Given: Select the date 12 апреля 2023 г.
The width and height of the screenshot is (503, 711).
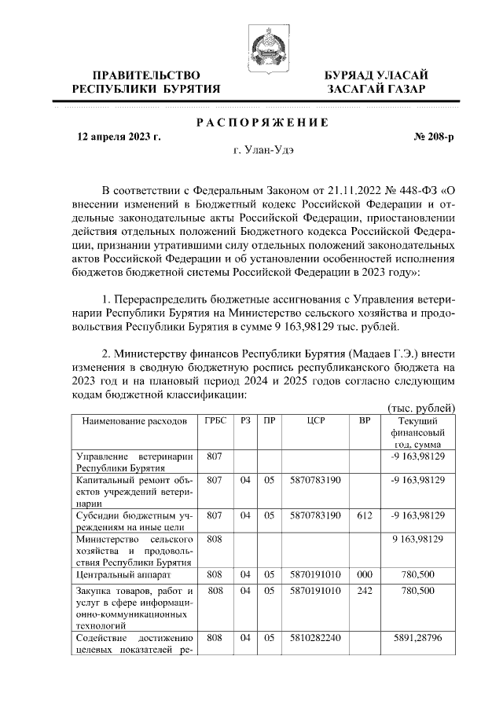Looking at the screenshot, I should [x=119, y=136].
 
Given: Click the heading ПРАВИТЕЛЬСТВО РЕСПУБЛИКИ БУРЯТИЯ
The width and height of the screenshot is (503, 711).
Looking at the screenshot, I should [x=146, y=82].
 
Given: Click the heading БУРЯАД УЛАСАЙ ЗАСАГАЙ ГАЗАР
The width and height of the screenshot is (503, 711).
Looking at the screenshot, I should [x=377, y=82].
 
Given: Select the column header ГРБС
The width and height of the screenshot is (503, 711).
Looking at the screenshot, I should [x=215, y=421].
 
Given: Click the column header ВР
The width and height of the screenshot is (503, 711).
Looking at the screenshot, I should [x=365, y=421].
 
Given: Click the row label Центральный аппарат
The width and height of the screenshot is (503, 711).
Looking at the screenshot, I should [x=117, y=575].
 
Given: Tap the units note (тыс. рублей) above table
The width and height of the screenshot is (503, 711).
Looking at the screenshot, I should [x=422, y=407].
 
